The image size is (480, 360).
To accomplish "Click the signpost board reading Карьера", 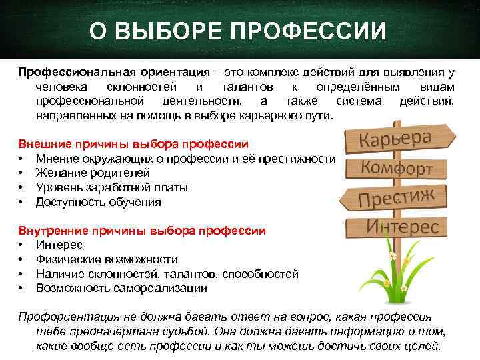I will pos(401,138).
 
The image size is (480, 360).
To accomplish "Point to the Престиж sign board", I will pos(397,197).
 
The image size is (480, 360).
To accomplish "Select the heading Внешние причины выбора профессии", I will pos(133,143).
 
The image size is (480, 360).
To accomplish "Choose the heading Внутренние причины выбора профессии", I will pos(141,230).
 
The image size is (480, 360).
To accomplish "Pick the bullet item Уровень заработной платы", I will pos(111,187).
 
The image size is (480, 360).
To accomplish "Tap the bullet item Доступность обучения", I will pos(98,201).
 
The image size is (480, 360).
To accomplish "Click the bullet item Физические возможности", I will pos(107,259).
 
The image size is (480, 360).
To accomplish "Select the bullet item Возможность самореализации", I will pos(121,288).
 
